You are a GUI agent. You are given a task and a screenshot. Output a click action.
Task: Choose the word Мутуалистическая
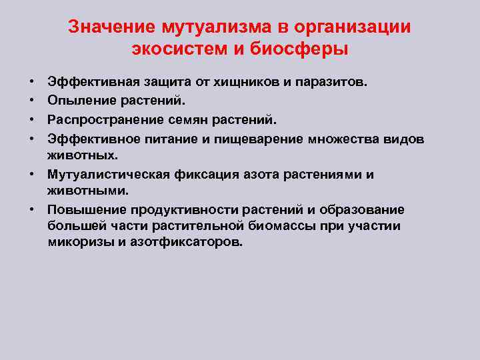tap(108, 175)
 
